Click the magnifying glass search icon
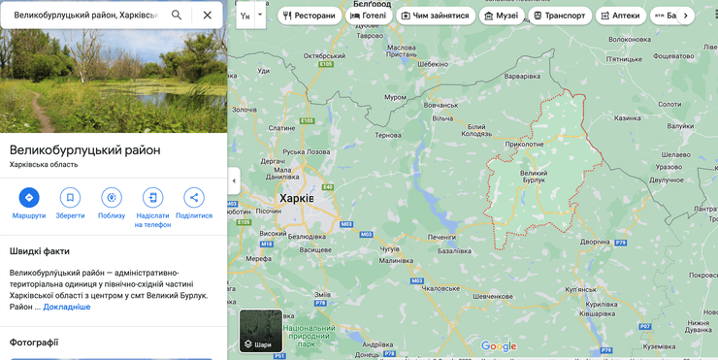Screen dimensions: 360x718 click(x=177, y=16)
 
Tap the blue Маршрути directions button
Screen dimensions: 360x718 click(x=29, y=198)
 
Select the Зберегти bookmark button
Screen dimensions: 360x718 click(x=70, y=198)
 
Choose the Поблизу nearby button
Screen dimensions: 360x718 click(x=112, y=198)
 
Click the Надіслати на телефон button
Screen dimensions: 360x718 click(x=152, y=198)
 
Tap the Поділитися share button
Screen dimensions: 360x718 click(x=194, y=198)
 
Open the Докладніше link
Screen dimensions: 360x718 click(x=66, y=307)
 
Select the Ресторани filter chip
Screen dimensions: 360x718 click(x=310, y=16)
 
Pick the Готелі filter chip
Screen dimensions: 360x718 click(x=368, y=16)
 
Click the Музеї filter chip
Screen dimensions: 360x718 click(x=501, y=16)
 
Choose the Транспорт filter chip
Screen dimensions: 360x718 click(x=560, y=16)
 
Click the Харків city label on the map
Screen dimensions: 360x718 click(x=296, y=198)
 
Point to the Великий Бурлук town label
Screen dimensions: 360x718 click(x=535, y=177)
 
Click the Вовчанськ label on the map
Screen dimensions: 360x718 click(x=441, y=105)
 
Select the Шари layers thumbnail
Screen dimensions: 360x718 click(x=261, y=330)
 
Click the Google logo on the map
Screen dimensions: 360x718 click(x=499, y=346)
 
